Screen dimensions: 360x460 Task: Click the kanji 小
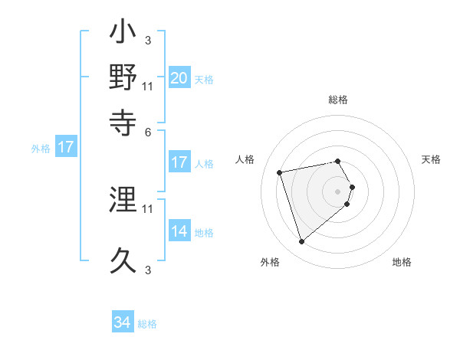[123, 35]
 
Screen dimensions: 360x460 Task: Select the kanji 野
[123, 77]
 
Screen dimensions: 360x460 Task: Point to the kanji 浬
[123, 201]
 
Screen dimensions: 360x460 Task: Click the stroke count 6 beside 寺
[149, 131]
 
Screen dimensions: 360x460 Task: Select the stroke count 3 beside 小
[149, 41]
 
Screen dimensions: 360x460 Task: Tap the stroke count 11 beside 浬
[149, 208]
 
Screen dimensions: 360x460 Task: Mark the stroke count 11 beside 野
[149, 86]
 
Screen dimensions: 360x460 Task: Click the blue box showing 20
[179, 77]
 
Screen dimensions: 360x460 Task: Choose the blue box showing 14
[179, 231]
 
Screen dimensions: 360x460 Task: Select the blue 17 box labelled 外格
[66, 147]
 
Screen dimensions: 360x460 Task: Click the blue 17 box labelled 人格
[179, 162]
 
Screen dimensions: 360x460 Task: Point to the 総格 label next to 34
[147, 324]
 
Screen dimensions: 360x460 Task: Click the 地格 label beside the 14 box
[204, 233]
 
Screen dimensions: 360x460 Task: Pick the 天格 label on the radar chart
[432, 159]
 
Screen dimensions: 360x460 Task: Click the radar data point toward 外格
[301, 242]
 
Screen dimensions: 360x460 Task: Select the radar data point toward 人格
[281, 172]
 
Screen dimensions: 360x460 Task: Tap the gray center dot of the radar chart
[338, 191]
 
